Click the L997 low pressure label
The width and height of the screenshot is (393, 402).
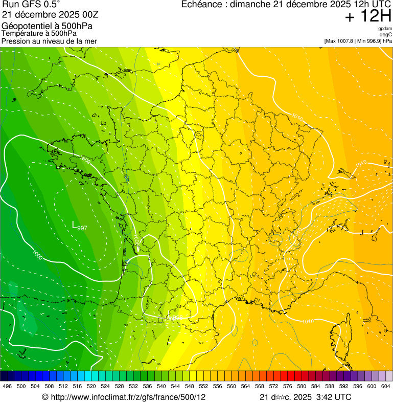[79, 225]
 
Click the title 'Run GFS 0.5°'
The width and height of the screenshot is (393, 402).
[31, 5]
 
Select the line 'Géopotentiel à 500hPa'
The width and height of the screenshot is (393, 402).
[47, 26]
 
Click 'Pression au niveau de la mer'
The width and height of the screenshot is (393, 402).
[49, 41]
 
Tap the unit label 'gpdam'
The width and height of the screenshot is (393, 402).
[385, 29]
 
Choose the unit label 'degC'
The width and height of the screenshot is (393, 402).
[386, 35]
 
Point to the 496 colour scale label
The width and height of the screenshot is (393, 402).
[7, 386]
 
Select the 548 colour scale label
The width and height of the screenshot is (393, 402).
[190, 386]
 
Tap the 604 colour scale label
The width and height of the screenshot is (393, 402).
[386, 386]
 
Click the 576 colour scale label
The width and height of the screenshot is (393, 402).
[288, 386]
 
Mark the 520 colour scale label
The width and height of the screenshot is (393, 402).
[91, 386]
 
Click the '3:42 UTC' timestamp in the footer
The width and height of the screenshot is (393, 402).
[332, 397]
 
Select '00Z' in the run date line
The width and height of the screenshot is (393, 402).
[87, 15]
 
